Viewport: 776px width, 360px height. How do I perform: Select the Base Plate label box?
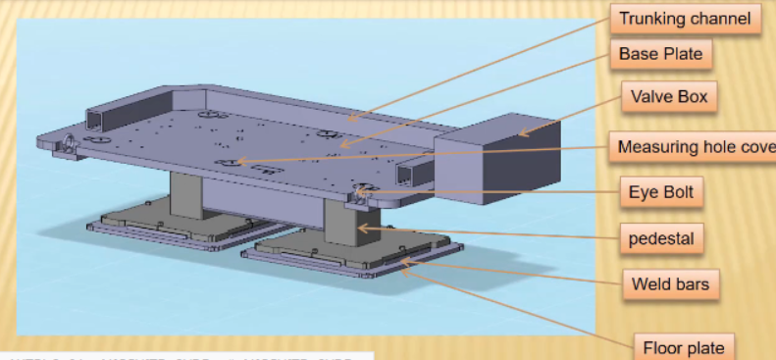coord(661,54)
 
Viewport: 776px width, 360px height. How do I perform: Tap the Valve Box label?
coord(670,97)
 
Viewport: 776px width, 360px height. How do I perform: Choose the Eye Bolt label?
coord(660,192)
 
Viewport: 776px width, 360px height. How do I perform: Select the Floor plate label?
coord(683,347)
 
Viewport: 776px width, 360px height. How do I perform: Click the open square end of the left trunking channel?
coord(95,121)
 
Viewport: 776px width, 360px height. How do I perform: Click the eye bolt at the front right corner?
coord(362,192)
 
